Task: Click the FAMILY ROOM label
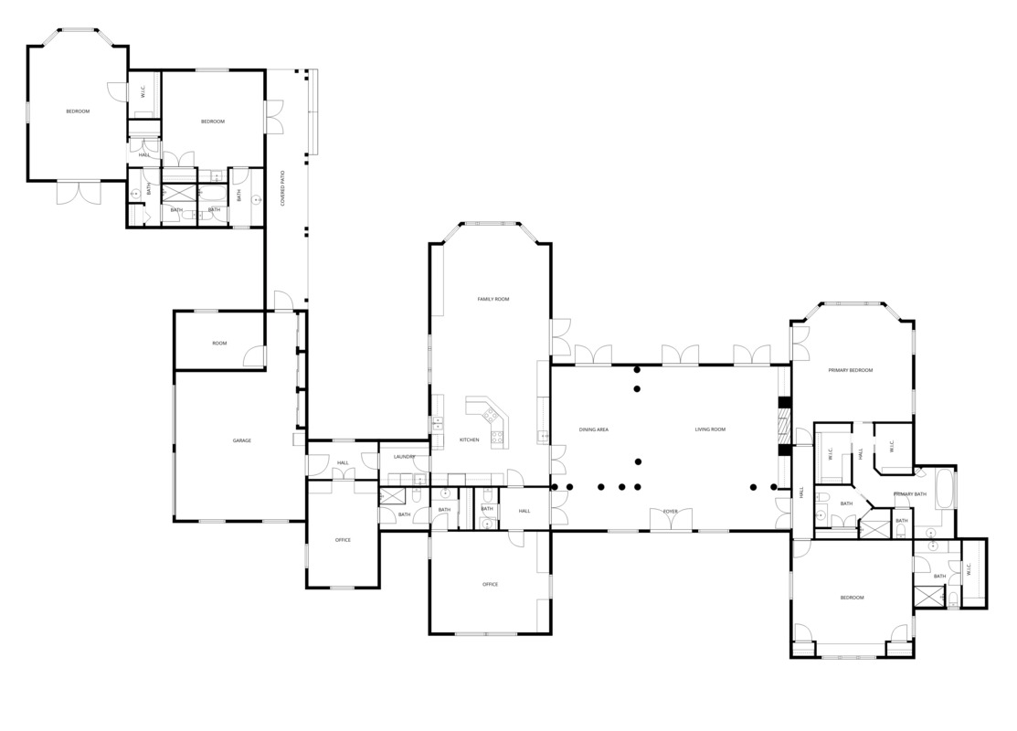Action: click(493, 299)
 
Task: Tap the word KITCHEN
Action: click(469, 440)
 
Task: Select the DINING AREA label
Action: click(594, 429)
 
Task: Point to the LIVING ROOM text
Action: click(710, 429)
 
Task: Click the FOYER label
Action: click(671, 511)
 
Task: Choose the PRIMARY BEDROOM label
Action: click(850, 370)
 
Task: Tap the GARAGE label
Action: click(241, 440)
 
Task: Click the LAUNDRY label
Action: click(405, 456)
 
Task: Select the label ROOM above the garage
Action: click(219, 344)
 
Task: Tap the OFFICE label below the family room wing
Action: click(490, 584)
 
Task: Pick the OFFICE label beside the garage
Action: click(343, 540)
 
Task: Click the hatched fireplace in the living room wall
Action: click(782, 425)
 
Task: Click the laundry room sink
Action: click(419, 478)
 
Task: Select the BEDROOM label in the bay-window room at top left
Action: click(78, 111)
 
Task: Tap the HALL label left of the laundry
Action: click(343, 462)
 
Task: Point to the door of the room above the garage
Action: click(256, 356)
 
